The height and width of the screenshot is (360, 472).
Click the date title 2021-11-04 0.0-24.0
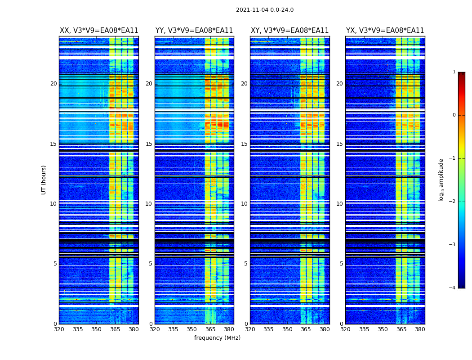point(264,10)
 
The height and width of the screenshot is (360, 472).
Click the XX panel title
point(99,31)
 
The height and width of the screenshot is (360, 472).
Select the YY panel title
point(194,31)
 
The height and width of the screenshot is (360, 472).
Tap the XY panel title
point(289,31)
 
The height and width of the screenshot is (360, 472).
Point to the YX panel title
point(385,31)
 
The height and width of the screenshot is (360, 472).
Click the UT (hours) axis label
point(44,180)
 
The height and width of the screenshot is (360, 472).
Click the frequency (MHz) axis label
point(217,338)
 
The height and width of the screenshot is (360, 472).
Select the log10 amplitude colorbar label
point(441,180)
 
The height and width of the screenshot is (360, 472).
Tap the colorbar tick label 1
point(454,72)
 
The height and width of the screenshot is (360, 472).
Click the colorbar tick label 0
point(454,115)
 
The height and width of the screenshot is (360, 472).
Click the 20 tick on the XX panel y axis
point(53,84)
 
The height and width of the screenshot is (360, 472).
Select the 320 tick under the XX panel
point(59,329)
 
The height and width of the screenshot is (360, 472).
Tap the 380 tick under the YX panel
point(420,329)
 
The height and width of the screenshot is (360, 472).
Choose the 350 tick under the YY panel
point(192,329)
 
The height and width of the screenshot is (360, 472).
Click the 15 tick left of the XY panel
point(245,144)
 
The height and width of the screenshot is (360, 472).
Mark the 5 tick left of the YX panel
point(342,264)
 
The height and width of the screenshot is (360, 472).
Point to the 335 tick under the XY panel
point(268,329)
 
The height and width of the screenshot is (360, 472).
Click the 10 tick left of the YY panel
point(149,204)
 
